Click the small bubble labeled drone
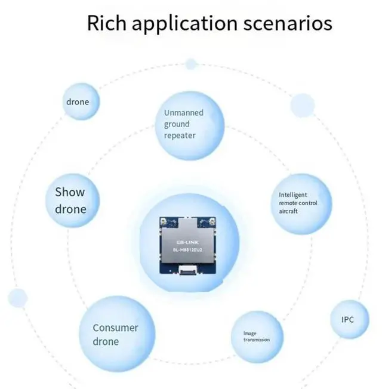click(78, 101)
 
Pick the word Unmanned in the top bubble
click(184, 113)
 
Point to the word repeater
click(180, 135)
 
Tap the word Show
click(70, 192)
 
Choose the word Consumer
click(115, 328)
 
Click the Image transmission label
click(256, 336)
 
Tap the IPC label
click(347, 320)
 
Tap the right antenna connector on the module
click(210, 223)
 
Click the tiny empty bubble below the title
click(191, 64)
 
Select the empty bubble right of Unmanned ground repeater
click(302, 106)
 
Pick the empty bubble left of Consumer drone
click(17, 298)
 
